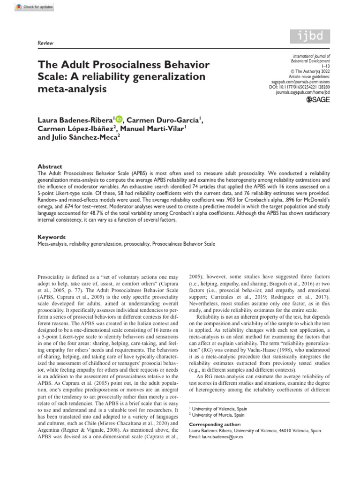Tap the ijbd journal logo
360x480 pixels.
coord(309,37)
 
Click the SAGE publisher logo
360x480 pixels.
coord(318,99)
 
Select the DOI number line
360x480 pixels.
coord(306,87)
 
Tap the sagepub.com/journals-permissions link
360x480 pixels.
coord(304,82)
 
